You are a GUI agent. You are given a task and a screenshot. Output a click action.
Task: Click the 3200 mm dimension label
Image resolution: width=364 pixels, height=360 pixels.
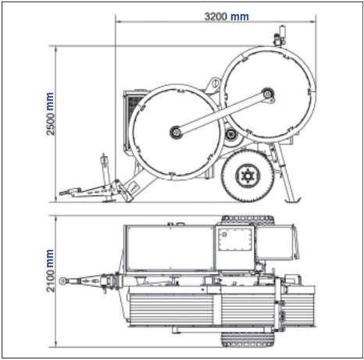point(227,16)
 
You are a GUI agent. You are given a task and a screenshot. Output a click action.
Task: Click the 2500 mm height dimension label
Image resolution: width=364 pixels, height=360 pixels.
point(50,114)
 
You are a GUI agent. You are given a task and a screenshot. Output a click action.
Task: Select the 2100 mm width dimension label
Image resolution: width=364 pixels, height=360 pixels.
point(50,271)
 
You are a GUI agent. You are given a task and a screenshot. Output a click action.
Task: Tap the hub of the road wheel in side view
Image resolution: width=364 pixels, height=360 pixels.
point(248,176)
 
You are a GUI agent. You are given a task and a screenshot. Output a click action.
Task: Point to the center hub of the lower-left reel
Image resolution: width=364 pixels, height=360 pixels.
point(176,132)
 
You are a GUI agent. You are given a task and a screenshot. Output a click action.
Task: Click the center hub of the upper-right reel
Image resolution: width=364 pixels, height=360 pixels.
point(268,93)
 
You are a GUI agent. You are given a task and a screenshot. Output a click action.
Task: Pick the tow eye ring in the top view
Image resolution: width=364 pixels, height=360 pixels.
point(62,281)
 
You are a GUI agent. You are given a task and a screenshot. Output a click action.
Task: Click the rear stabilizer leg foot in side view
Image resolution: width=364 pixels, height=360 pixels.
point(294,200)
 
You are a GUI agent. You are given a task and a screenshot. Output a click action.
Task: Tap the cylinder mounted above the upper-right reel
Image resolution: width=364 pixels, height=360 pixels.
point(281,32)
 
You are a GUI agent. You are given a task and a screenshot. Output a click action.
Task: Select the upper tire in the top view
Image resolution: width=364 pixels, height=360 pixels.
point(248,220)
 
